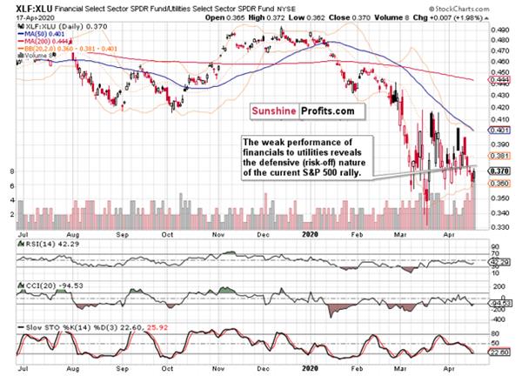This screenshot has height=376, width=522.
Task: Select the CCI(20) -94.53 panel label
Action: point(51,285)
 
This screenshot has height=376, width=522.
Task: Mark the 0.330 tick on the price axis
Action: point(499,227)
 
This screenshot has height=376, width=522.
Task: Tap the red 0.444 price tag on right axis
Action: point(499,78)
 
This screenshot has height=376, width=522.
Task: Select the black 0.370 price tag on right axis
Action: point(499,171)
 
